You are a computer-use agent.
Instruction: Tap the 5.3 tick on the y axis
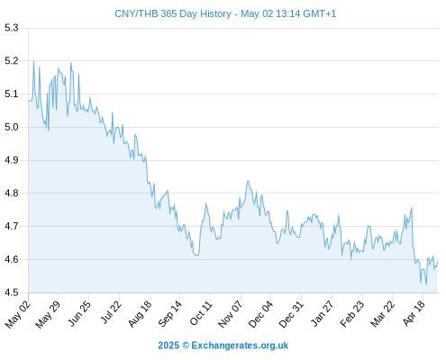click(12, 28)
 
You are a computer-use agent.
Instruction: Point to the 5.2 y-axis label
click(12, 61)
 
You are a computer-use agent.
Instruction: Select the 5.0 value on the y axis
click(12, 127)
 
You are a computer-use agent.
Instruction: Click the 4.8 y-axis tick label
click(12, 193)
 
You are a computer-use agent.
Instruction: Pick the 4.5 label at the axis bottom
click(12, 292)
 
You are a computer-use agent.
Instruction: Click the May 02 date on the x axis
click(18, 314)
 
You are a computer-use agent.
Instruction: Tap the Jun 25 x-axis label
click(79, 313)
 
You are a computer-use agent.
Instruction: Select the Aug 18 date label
click(140, 314)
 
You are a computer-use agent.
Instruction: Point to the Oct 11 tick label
click(201, 313)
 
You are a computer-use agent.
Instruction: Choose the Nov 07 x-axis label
click(230, 314)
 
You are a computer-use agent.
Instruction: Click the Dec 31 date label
click(291, 314)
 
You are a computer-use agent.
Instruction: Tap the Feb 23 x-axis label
click(352, 314)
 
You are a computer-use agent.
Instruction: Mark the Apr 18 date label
click(414, 313)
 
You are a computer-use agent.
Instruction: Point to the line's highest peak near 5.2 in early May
click(33, 61)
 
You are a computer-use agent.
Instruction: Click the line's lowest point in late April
click(426, 284)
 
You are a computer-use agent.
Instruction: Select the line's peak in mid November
click(248, 181)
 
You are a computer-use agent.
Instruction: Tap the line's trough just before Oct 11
click(197, 256)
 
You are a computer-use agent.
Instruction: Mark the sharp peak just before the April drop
click(412, 207)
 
